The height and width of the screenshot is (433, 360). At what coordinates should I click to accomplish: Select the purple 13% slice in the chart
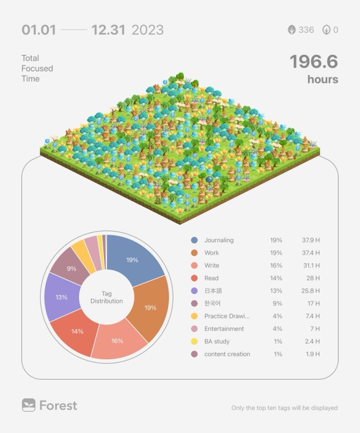coord(62,297)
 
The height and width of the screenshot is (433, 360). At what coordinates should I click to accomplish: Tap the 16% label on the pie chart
coord(117,341)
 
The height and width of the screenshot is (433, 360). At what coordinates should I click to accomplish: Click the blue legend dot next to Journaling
coord(194,240)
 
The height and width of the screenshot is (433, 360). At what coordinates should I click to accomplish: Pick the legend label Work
coord(212,253)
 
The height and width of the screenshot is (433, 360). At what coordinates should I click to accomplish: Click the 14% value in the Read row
coord(276,278)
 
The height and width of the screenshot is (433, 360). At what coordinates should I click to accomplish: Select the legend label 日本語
coord(213,291)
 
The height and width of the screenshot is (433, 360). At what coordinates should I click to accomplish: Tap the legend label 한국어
coord(212,304)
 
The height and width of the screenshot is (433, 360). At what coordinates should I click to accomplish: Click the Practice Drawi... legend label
coord(227,316)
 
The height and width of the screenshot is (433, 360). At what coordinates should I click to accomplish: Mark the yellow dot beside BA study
coord(194,342)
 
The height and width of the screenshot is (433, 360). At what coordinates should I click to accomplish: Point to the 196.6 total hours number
coord(313,62)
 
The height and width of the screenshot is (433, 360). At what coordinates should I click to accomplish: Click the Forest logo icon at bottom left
coord(28,405)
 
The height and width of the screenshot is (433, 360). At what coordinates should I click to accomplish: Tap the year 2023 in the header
coord(147,30)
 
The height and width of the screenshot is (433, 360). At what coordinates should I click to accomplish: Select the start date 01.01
coord(38,30)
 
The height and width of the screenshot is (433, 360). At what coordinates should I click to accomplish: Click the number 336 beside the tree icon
coord(306,30)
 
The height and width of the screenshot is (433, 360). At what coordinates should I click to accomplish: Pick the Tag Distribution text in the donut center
coord(107,297)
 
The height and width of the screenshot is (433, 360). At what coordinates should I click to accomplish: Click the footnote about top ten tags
coord(284,408)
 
